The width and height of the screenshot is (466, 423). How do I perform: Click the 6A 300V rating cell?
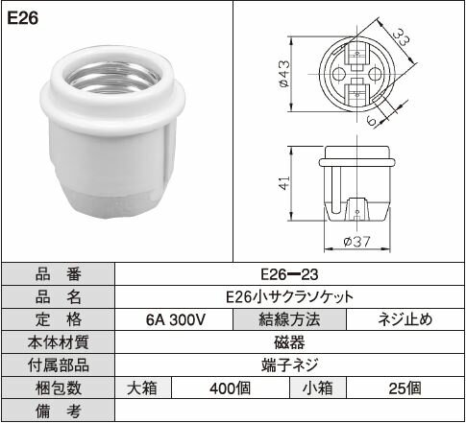(x=173, y=319)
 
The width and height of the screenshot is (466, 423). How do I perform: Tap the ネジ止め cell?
(x=405, y=319)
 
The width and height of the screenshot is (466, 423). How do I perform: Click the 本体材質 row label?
(x=58, y=342)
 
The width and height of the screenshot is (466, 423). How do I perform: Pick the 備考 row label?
(x=58, y=411)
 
